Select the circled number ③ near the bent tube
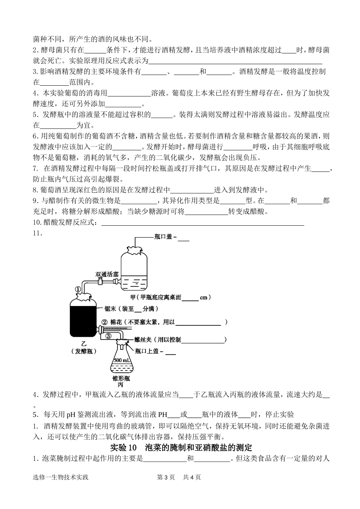(x=108, y=336)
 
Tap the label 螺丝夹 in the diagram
(x=143, y=339)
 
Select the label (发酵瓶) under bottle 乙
(x=84, y=351)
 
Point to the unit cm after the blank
(x=203, y=298)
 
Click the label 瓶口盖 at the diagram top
(x=163, y=237)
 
